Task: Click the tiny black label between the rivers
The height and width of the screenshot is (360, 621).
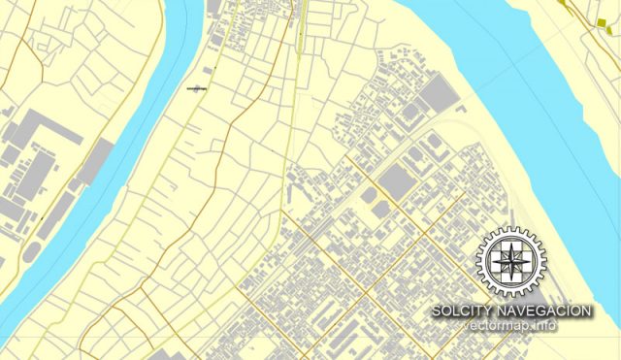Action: (x=195, y=90)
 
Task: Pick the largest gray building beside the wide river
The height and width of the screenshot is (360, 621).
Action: (x=441, y=94)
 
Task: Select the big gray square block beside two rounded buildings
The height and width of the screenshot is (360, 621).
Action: (x=396, y=181)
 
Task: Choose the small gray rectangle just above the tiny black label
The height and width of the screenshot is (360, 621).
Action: (x=207, y=71)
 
